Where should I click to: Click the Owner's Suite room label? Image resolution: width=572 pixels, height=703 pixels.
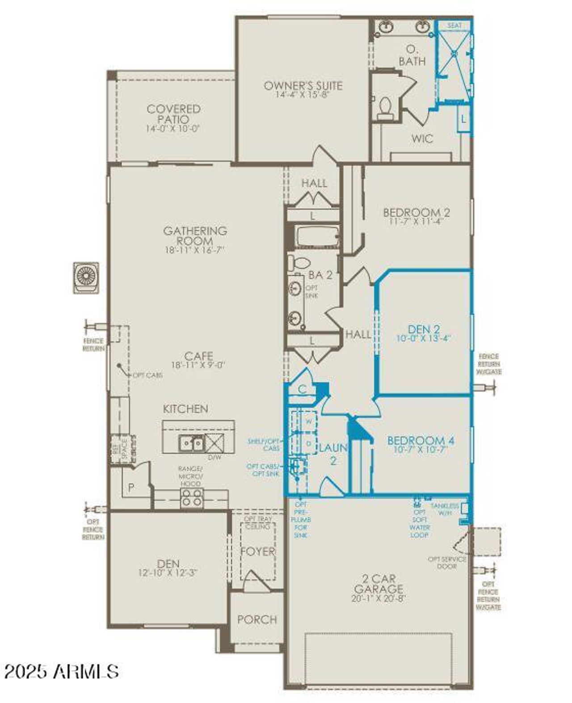click(x=303, y=86)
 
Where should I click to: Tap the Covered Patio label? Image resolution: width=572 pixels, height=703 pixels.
click(x=173, y=114)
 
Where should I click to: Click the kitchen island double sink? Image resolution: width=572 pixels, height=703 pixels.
click(x=191, y=443)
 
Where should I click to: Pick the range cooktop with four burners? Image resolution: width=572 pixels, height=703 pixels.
click(x=192, y=498)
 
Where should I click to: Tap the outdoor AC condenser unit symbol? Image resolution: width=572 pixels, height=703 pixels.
click(x=86, y=277)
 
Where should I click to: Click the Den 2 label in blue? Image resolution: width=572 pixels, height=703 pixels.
click(x=424, y=330)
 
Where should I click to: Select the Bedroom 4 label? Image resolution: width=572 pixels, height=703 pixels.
click(x=421, y=440)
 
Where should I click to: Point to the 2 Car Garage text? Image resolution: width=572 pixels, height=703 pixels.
click(x=379, y=584)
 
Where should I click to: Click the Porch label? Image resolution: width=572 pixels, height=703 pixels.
click(x=257, y=619)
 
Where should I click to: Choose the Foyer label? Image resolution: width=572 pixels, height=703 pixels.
click(x=258, y=551)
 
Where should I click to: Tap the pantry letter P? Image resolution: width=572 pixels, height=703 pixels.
click(x=131, y=488)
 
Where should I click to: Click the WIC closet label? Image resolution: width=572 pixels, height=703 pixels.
click(x=422, y=139)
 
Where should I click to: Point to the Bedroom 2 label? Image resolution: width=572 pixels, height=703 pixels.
click(x=416, y=212)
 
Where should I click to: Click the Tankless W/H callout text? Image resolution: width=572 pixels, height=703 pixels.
click(x=445, y=509)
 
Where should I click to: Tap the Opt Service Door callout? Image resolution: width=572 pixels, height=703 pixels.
click(x=447, y=563)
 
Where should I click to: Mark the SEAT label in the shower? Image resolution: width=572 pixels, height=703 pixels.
click(x=454, y=25)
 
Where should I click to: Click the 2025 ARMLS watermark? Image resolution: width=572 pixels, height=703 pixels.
click(x=62, y=671)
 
